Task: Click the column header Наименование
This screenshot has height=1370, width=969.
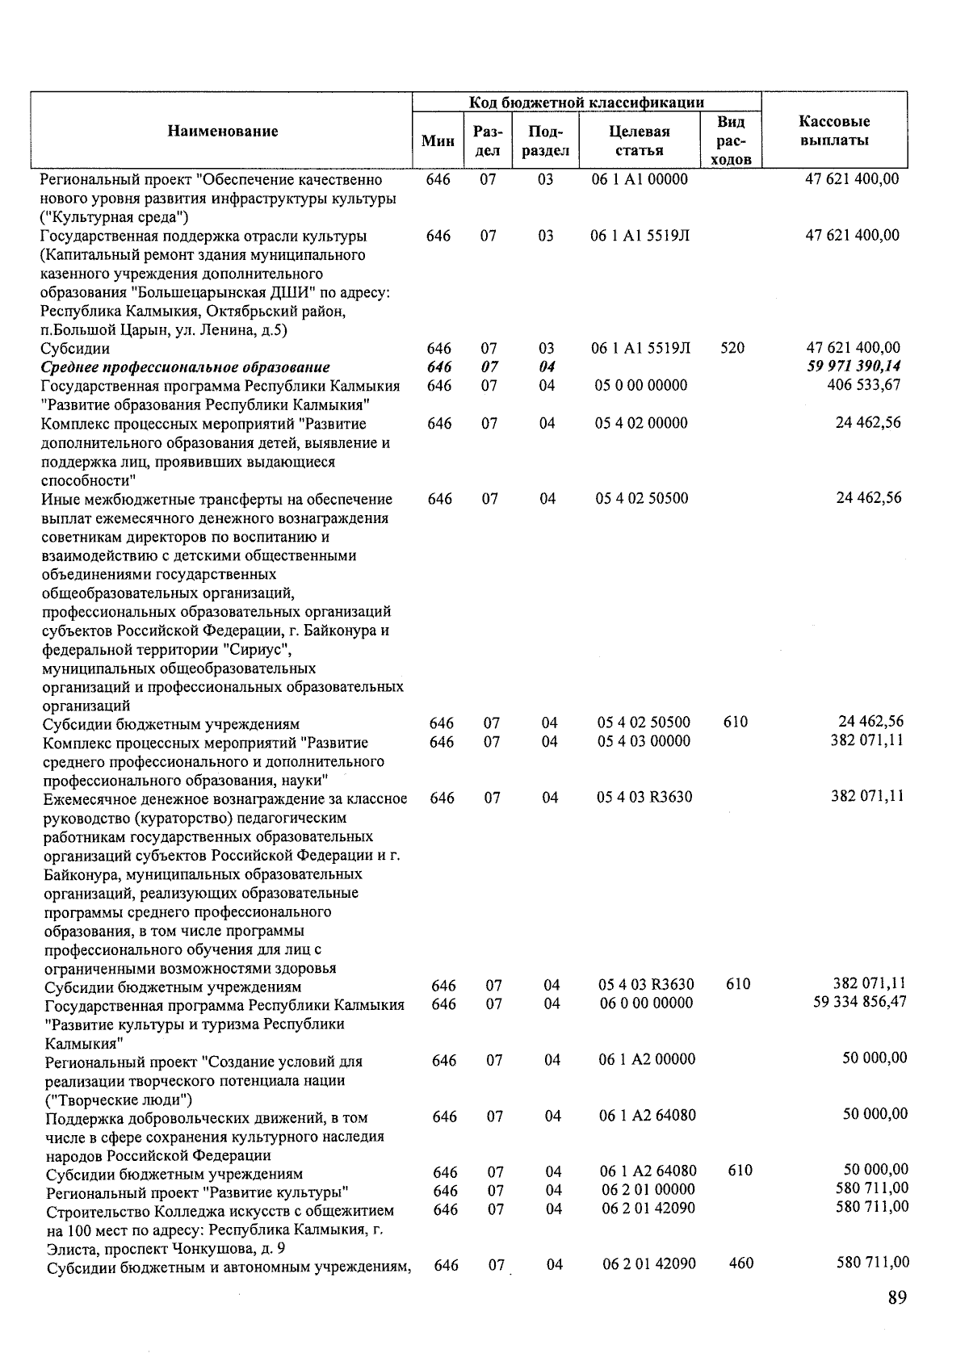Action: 223,132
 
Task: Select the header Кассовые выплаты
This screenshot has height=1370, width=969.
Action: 834,131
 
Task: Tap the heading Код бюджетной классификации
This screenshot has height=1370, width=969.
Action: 586,103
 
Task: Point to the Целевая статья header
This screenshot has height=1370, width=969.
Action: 640,140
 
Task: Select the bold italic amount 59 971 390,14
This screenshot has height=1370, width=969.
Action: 854,367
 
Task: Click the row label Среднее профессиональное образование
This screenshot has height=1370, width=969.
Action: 186,367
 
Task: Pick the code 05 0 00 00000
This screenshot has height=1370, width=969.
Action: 641,385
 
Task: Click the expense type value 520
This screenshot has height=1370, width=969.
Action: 732,348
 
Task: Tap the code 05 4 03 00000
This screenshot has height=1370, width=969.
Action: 644,741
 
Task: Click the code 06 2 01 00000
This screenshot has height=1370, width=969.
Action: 648,1189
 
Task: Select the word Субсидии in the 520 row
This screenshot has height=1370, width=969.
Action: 75,349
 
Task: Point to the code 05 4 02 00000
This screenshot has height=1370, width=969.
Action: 641,423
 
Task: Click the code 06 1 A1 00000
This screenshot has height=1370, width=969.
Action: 640,179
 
